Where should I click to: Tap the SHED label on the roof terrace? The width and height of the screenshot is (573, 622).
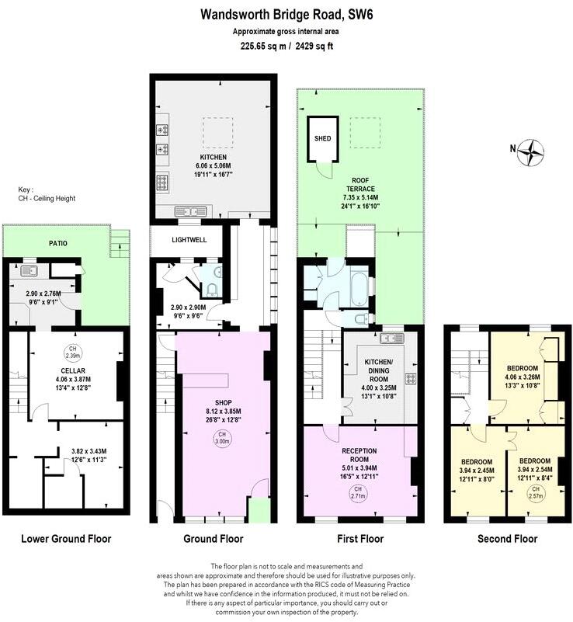click(x=322, y=138)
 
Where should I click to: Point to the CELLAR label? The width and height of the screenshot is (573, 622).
click(x=72, y=372)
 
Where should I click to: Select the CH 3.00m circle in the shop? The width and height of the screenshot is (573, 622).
click(x=222, y=436)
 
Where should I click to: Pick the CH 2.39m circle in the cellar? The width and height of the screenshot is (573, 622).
click(x=72, y=351)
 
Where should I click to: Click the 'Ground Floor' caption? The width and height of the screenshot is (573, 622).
click(x=213, y=538)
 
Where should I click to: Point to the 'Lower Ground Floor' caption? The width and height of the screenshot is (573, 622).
click(x=66, y=538)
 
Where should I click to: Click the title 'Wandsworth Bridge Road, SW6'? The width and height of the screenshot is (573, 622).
click(x=287, y=13)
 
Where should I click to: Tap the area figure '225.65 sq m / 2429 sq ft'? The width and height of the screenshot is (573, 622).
click(x=287, y=46)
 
